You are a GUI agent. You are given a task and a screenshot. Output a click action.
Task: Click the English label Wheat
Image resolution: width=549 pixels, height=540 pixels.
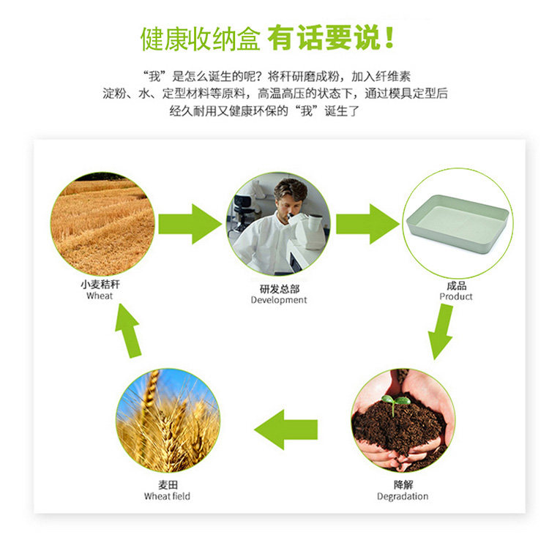[100, 296]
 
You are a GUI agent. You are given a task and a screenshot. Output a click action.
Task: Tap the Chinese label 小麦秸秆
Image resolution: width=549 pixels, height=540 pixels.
[100, 285]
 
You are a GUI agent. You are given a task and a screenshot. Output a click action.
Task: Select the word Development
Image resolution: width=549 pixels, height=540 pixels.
[279, 300]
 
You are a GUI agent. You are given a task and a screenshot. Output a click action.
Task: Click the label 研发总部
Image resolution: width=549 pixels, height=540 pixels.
[279, 289]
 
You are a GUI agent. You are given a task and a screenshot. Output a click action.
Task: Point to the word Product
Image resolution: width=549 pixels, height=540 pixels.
[456, 297]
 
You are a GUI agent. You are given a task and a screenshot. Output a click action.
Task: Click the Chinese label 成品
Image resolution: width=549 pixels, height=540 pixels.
[456, 286]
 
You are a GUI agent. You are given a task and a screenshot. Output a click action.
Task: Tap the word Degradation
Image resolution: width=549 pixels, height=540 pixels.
[403, 497]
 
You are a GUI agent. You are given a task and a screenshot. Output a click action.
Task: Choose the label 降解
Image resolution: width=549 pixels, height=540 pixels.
[403, 485]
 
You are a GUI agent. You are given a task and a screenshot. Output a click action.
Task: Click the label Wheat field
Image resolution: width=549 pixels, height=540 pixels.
[167, 497]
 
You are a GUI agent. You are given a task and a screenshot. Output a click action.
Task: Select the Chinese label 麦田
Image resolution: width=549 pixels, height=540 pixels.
[167, 485]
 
